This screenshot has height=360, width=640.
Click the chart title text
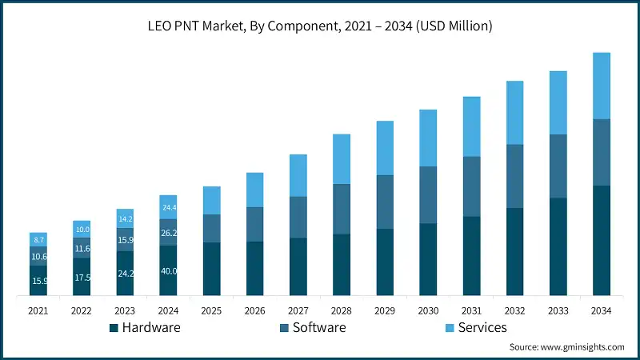(x=320, y=26)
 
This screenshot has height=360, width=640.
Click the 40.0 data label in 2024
(x=169, y=271)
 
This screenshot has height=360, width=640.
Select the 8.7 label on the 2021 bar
(x=38, y=240)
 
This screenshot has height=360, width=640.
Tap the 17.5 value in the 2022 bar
(x=82, y=278)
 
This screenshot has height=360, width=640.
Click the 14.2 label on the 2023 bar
(x=125, y=219)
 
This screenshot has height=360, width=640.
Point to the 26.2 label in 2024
(x=169, y=234)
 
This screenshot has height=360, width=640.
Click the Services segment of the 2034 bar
(x=601, y=86)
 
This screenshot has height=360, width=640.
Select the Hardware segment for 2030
(x=428, y=260)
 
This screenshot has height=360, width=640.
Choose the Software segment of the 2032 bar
(x=514, y=176)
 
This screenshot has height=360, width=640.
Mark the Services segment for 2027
(x=298, y=175)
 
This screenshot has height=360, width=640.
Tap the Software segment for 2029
(x=385, y=202)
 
